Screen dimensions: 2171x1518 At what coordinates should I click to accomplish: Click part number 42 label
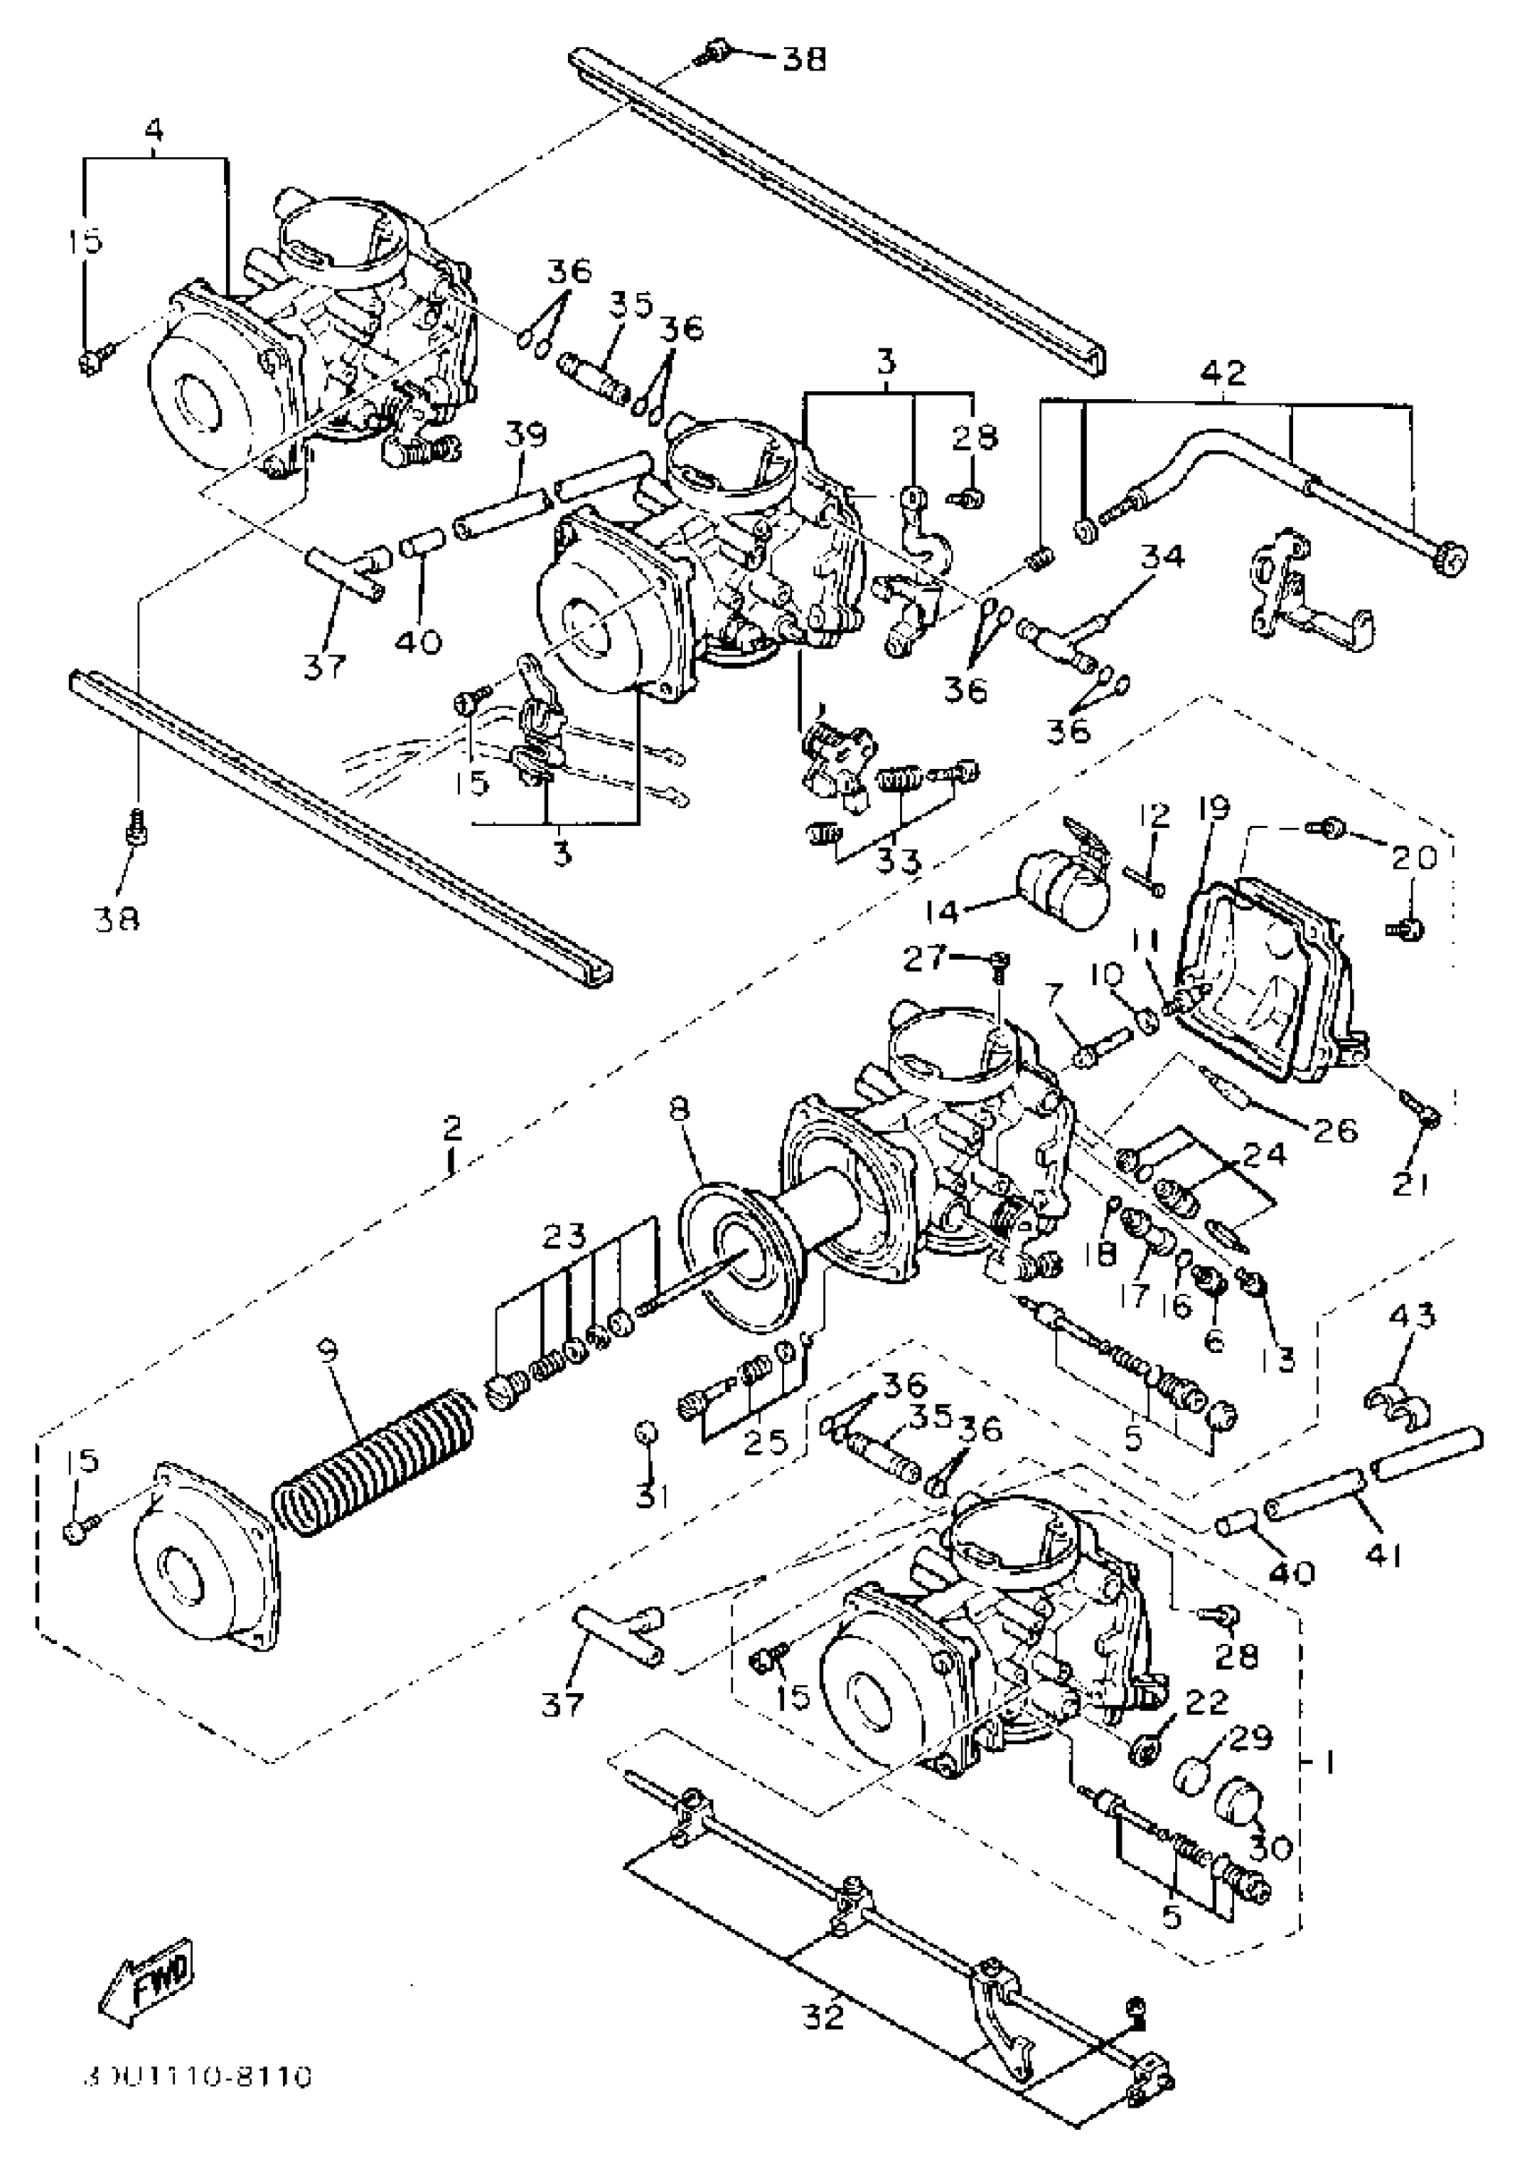coord(1223,372)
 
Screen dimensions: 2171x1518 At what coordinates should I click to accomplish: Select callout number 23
coord(564,1236)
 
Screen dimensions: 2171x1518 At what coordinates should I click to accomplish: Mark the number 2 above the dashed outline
coord(452,1128)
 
